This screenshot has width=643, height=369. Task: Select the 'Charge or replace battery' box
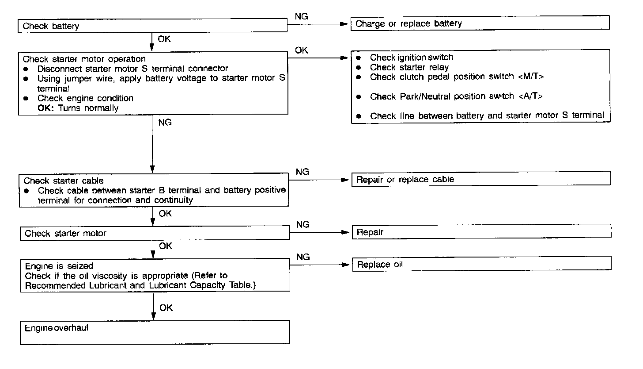pos(480,23)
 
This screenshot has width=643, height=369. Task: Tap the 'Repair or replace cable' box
pos(480,179)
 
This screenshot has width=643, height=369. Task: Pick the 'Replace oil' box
pos(481,264)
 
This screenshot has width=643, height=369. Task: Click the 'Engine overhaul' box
pos(155,332)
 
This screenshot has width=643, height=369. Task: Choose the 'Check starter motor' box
pos(155,233)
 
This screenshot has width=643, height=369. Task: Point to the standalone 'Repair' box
pos(481,232)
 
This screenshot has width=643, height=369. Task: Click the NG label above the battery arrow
pos(302,16)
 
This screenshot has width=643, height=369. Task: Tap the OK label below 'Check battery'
pos(164,39)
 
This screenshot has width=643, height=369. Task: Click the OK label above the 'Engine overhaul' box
pos(166,307)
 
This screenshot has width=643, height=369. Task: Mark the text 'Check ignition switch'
pos(412,58)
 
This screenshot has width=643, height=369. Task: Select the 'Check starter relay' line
pos(409,67)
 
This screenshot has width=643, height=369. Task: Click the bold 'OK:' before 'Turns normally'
pos(45,108)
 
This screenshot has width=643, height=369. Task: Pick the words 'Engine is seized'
pos(59,266)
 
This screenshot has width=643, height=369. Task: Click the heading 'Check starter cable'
pos(64,181)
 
